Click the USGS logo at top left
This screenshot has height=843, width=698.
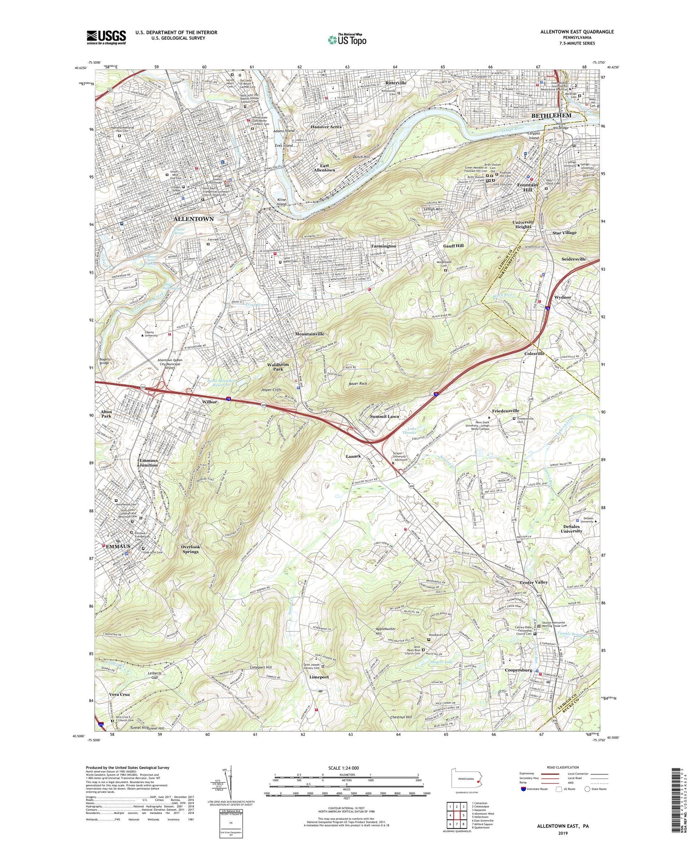106,37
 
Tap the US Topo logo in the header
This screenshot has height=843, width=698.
346,39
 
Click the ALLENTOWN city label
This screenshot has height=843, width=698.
193,219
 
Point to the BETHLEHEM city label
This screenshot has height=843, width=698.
551,116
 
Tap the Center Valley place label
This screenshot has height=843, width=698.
534,582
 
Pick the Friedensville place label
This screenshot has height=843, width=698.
505,411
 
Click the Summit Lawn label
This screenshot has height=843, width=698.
385,416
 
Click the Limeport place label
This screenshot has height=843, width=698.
319,677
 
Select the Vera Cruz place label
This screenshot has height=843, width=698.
119,694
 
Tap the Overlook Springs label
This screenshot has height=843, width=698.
190,549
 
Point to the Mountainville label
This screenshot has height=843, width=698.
310,334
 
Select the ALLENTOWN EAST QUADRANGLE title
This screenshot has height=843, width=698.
577,32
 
